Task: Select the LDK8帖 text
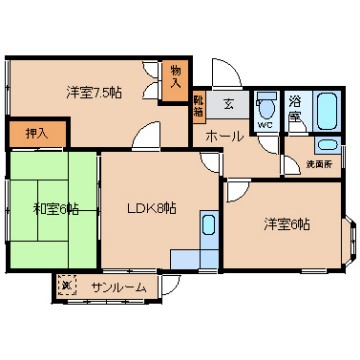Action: click(x=151, y=209)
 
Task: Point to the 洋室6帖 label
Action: click(x=287, y=222)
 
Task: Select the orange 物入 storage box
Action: click(x=176, y=79)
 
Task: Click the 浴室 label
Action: click(x=296, y=109)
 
